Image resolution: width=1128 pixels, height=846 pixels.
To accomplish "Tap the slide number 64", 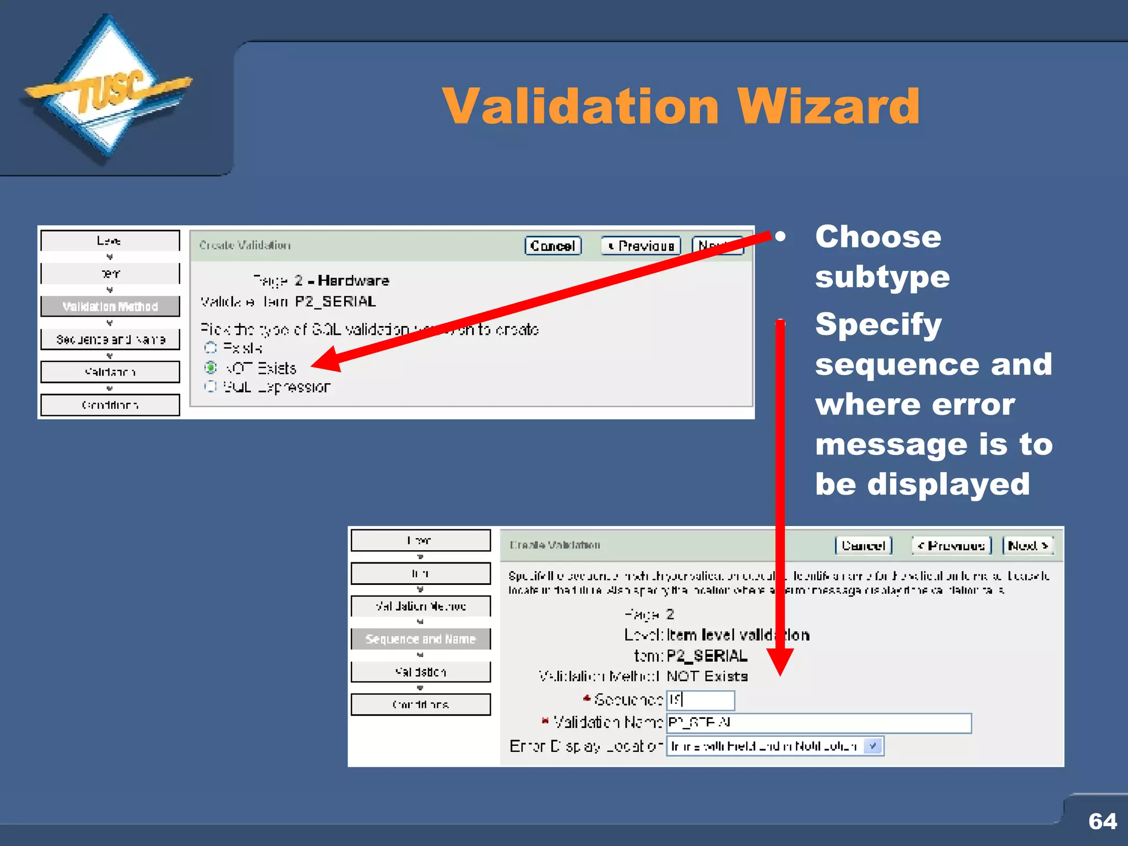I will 1102,821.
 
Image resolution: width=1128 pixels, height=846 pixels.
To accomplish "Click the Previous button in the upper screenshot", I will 641,246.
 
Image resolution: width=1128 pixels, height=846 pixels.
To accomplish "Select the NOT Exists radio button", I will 210,367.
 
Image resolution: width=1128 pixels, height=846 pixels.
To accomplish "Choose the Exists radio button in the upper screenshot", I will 210,348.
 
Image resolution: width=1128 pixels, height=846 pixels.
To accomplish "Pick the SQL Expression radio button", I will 210,387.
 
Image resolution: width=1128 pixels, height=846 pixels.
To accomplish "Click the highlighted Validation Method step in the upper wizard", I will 110,306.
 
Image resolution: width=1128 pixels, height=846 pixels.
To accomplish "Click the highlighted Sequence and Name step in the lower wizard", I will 420,639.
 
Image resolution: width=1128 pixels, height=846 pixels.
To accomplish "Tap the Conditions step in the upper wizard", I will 110,405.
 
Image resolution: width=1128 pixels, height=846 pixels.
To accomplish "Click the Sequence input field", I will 700,700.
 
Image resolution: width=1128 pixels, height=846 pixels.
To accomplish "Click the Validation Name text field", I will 818,723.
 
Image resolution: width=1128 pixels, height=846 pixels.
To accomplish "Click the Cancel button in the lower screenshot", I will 863,545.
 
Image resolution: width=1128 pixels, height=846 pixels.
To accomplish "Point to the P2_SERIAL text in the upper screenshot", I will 335,302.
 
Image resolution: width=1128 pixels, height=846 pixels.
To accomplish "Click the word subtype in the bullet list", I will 882,276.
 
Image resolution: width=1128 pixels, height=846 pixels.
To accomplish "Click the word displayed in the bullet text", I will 948,484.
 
